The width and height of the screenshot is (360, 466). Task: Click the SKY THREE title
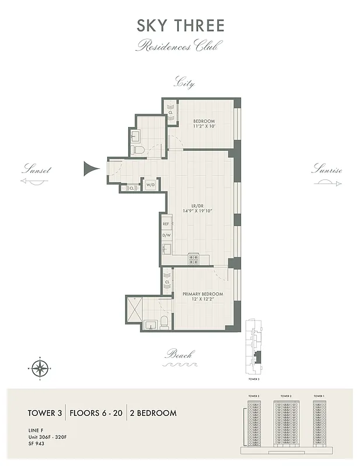click(179, 26)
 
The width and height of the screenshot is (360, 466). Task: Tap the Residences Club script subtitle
click(179, 46)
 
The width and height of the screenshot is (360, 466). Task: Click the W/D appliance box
click(150, 184)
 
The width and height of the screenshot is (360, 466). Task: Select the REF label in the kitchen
click(165, 224)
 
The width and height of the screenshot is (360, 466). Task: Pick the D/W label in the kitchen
click(165, 235)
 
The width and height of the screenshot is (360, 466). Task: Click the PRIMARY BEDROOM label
click(203, 294)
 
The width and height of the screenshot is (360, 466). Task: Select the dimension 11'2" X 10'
click(204, 126)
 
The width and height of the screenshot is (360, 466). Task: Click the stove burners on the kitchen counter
click(193, 260)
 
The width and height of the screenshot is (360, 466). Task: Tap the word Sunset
click(36, 171)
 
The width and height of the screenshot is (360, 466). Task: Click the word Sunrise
click(326, 171)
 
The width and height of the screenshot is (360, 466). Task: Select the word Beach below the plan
click(179, 354)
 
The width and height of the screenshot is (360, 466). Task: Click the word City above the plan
click(184, 83)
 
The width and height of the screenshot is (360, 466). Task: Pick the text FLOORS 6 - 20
click(96, 413)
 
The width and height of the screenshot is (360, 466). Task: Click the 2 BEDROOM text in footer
click(154, 413)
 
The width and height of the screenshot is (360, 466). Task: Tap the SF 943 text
click(36, 443)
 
